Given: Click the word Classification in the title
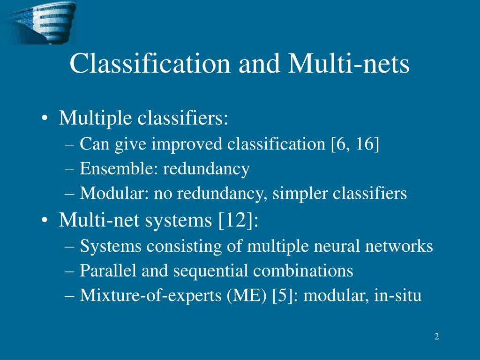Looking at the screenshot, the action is click(150, 63).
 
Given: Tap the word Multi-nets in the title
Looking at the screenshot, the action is click(349, 63).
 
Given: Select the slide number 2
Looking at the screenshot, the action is click(436, 337).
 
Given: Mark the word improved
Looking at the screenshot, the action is click(187, 144).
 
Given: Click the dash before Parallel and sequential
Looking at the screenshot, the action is click(70, 271).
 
